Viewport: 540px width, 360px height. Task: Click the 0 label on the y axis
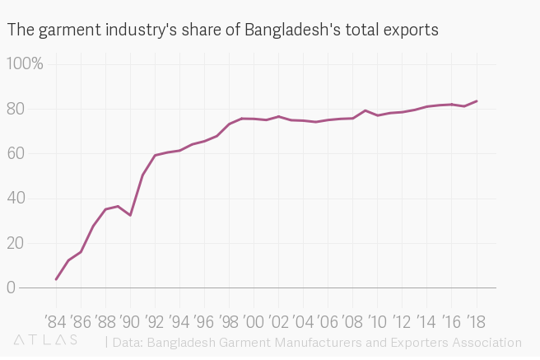pyautogui.click(x=11, y=288)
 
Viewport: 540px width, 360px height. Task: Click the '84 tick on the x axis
pyautogui.click(x=56, y=320)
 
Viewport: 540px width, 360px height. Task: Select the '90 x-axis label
pyautogui.click(x=130, y=320)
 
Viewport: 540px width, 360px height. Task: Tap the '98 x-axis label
pyautogui.click(x=229, y=320)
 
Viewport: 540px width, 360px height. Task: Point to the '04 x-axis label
pyautogui.click(x=303, y=320)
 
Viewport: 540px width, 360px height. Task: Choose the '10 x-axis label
pyautogui.click(x=377, y=320)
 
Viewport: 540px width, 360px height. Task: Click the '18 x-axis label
pyautogui.click(x=476, y=320)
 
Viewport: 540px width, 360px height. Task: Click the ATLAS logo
pyautogui.click(x=46, y=339)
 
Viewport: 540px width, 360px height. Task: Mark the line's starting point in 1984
pyautogui.click(x=56, y=279)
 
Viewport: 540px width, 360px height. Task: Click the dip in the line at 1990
pyautogui.click(x=130, y=216)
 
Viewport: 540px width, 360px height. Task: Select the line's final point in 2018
pyautogui.click(x=477, y=101)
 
